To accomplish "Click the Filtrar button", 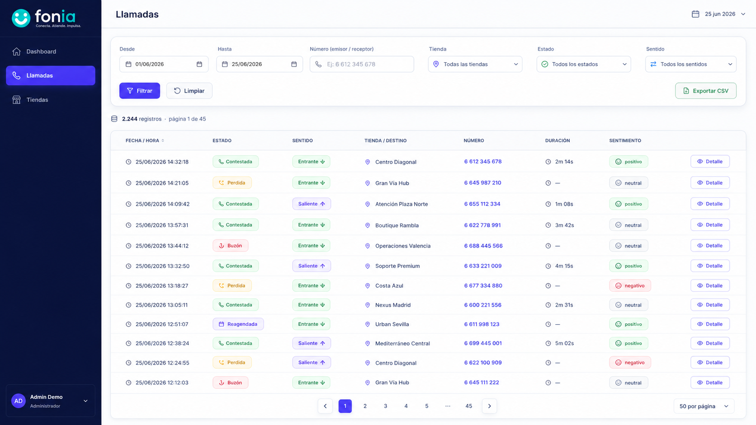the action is pyautogui.click(x=139, y=91).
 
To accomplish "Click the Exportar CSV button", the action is pyautogui.click(x=706, y=91).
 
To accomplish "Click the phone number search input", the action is pyautogui.click(x=362, y=64).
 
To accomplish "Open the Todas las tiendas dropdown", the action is pyautogui.click(x=475, y=64).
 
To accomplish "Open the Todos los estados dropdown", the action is pyautogui.click(x=584, y=64).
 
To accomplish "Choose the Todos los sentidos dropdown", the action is pyautogui.click(x=691, y=64).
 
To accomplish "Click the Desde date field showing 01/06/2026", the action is pyautogui.click(x=164, y=64).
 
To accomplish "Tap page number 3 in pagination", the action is pyautogui.click(x=385, y=406).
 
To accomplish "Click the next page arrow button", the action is pyautogui.click(x=489, y=406).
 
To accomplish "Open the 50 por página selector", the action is pyautogui.click(x=704, y=406).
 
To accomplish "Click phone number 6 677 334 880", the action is pyautogui.click(x=483, y=285).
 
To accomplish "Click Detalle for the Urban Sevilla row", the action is pyautogui.click(x=710, y=324).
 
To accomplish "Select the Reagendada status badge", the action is pyautogui.click(x=238, y=324).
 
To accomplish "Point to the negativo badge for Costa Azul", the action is pyautogui.click(x=630, y=285).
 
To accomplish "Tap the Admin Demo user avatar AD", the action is pyautogui.click(x=19, y=401).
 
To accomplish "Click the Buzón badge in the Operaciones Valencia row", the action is pyautogui.click(x=231, y=246).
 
